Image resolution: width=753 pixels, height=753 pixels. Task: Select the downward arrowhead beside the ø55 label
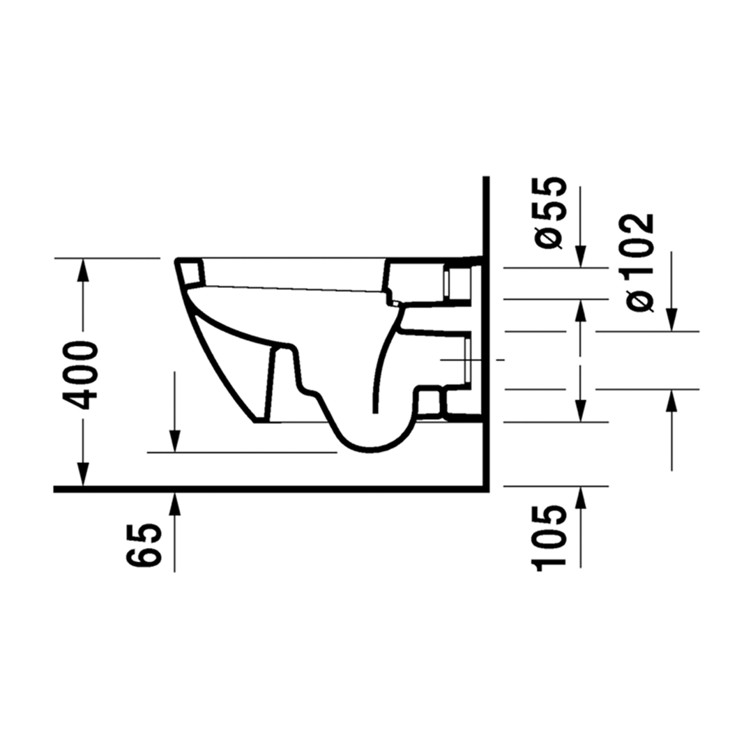(x=581, y=256)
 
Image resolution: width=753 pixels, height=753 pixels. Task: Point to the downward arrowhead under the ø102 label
(x=671, y=319)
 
